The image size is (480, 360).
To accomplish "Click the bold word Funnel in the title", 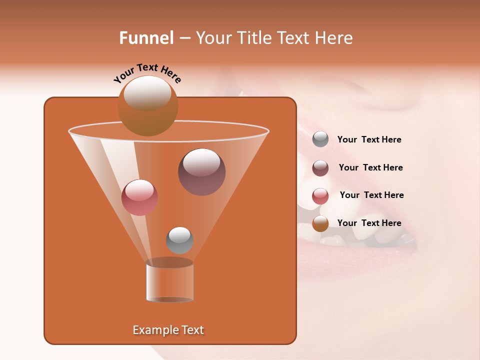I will (146, 38).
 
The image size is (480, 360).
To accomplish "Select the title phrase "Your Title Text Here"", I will (274, 38).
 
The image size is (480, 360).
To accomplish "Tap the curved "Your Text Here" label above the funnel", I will (147, 72).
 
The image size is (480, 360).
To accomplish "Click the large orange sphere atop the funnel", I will (148, 106).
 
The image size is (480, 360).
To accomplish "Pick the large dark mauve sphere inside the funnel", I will (201, 172).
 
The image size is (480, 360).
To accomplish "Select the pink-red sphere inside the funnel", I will (139, 197).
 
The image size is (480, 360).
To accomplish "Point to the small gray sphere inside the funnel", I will (179, 240).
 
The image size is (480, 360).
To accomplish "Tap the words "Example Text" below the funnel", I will (168, 330).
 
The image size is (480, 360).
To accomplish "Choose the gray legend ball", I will (320, 139).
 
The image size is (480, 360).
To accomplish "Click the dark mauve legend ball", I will (320, 168).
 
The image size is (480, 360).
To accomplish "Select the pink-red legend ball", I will (320, 195).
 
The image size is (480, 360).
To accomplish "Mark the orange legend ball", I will (320, 223).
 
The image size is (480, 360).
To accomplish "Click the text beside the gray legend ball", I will (369, 140).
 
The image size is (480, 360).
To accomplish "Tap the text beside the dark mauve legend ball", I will (370, 167).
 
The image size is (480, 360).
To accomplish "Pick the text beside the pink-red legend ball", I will (371, 195).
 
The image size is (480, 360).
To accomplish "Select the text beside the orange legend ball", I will (369, 223).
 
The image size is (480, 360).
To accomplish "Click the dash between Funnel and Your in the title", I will (184, 38).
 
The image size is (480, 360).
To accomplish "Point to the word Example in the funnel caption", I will (154, 330).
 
